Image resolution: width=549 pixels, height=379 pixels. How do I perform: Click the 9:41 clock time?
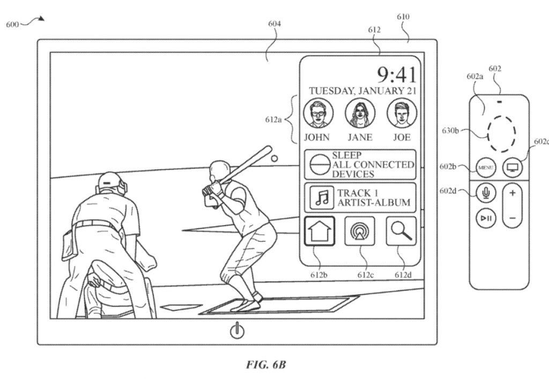pos(396,74)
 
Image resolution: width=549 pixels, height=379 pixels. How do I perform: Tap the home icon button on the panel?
pos(321,231)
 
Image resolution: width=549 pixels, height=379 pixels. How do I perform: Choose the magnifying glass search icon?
pos(401,231)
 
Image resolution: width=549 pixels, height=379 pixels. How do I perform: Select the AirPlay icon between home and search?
pos(360,231)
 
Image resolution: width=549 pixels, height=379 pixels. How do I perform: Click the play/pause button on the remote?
pos(485,218)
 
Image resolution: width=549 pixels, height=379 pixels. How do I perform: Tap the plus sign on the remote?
pos(513,192)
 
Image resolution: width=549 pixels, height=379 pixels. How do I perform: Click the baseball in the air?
pos(274,159)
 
